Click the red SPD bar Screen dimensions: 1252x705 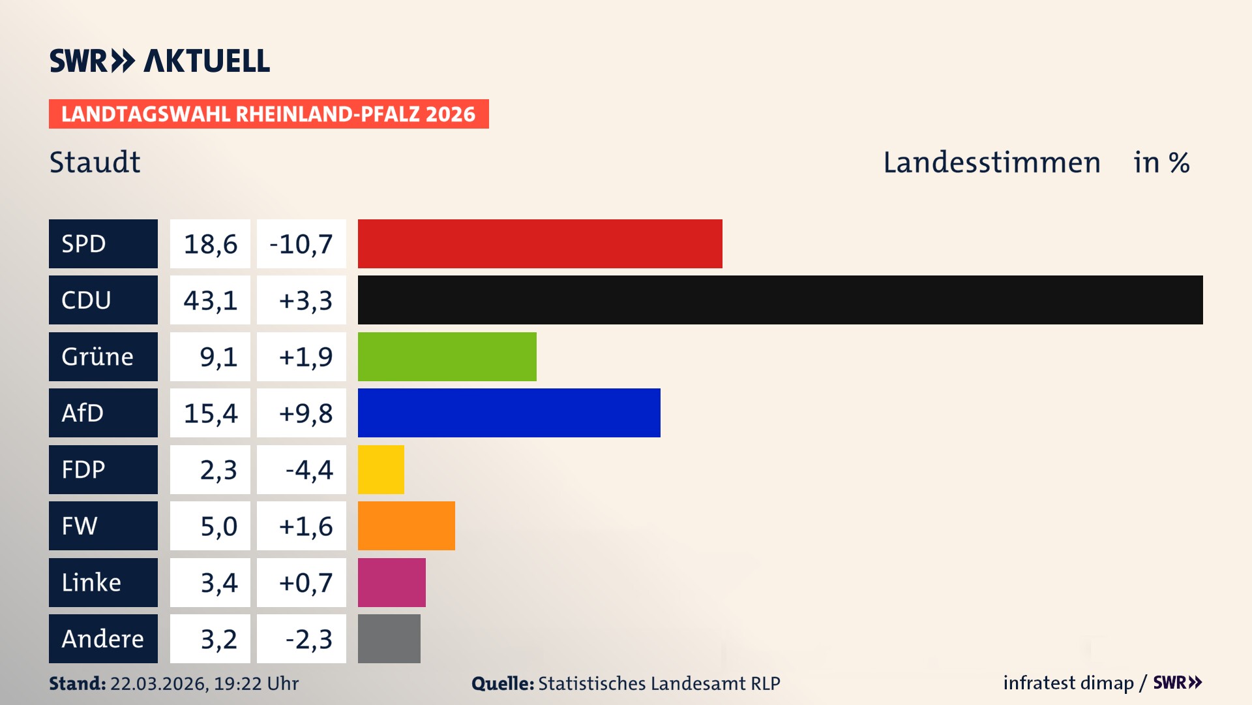point(540,243)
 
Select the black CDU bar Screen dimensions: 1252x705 point(780,300)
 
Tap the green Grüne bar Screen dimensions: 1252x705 point(447,356)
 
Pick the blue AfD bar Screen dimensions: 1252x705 point(509,413)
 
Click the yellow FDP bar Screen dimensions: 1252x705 point(381,469)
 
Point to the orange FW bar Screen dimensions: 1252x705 point(406,525)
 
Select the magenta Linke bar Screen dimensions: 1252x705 point(391,582)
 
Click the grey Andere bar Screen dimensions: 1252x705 point(389,638)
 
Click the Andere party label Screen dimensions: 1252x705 point(103,638)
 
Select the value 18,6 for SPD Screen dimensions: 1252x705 point(210,243)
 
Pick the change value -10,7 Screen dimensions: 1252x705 point(301,243)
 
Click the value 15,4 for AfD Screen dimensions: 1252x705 point(210,413)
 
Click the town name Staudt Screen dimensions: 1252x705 point(95,162)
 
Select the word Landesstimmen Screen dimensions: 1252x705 point(991,163)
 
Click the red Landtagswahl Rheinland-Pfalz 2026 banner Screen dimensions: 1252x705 point(269,114)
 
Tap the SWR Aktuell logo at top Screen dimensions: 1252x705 point(160,61)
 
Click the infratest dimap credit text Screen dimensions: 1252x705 point(1067,683)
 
